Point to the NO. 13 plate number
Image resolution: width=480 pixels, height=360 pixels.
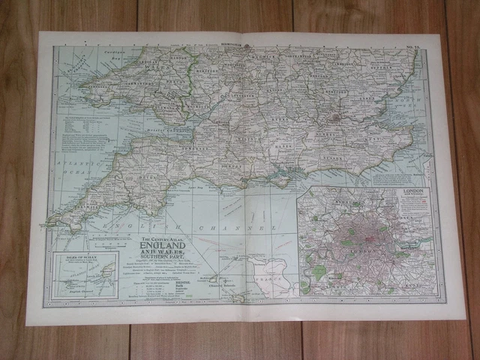pyautogui.click(x=410, y=49)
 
